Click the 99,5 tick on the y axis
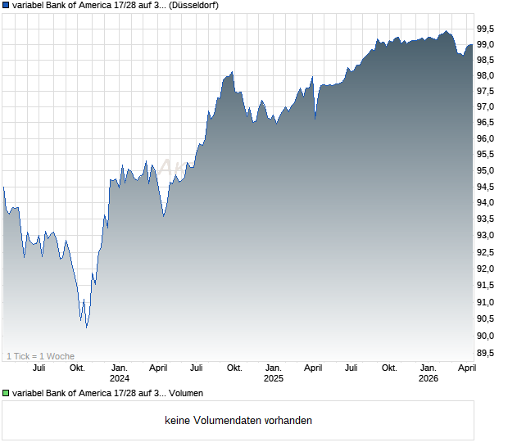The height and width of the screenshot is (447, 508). [489, 27]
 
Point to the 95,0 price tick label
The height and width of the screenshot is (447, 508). [489, 171]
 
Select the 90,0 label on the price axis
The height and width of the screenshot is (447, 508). [489, 336]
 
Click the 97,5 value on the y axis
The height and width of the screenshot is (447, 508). [489, 91]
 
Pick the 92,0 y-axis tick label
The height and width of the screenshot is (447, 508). [489, 269]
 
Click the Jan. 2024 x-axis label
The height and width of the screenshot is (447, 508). [120, 373]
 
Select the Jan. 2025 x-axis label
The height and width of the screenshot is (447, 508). [273, 373]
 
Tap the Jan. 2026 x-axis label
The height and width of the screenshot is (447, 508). [428, 373]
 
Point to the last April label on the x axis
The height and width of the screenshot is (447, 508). [467, 368]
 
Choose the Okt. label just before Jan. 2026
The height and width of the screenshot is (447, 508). [389, 368]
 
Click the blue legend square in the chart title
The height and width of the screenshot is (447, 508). [6, 5]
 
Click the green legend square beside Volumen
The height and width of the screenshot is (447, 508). [6, 393]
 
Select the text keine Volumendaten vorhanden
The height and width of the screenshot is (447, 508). [238, 421]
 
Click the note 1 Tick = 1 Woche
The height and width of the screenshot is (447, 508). [40, 356]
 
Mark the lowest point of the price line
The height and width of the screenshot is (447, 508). [87, 327]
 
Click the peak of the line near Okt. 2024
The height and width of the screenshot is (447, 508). [232, 72]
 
